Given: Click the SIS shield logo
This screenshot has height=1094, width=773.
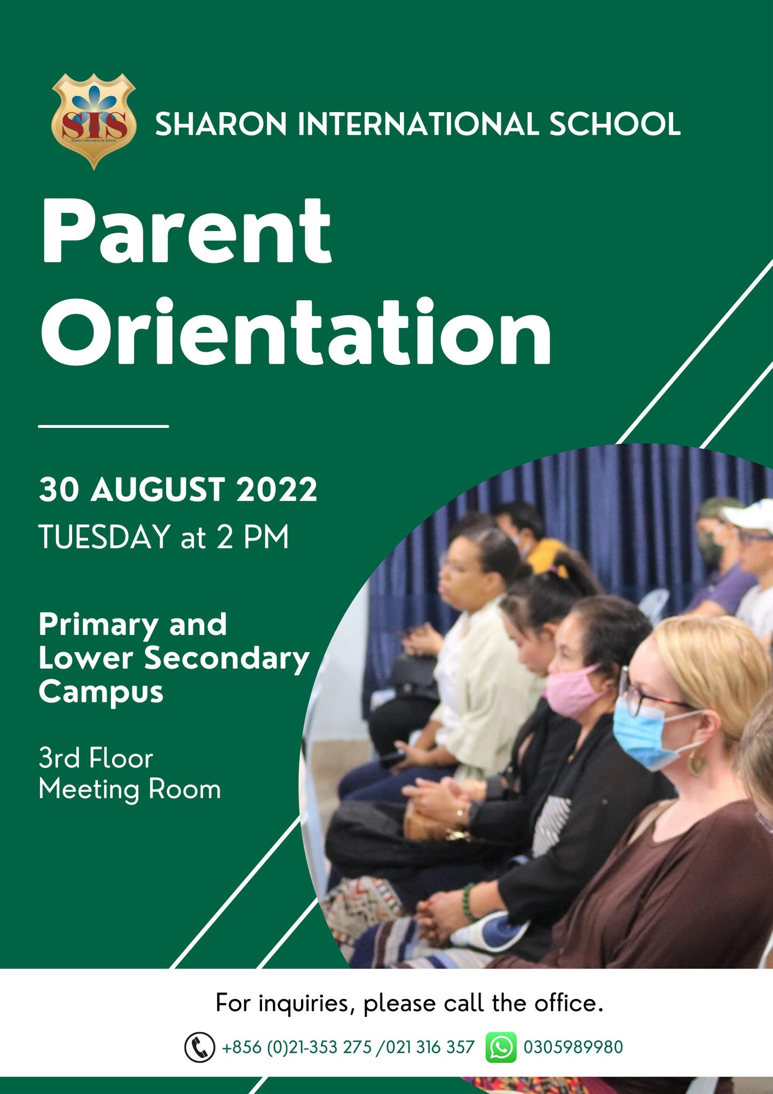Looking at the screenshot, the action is (x=93, y=121).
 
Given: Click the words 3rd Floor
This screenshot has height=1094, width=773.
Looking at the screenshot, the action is (x=96, y=759).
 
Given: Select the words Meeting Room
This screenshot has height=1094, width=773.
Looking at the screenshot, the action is (x=130, y=790).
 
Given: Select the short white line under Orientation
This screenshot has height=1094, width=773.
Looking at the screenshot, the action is (x=104, y=426).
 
